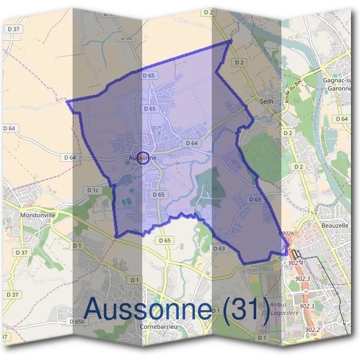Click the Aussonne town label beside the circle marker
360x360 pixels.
pos(142,158)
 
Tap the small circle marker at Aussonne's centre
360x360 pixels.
pos(143,158)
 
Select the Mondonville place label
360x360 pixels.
pos(37,215)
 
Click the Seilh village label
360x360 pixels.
pos(266,101)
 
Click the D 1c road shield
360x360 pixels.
pos(92,190)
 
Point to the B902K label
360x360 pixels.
pos(286,234)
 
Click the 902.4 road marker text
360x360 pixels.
pos(296,263)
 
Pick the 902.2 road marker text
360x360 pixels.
pos(313,330)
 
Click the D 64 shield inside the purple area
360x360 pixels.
pos(192,143)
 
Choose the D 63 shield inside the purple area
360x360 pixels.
pos(254,199)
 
